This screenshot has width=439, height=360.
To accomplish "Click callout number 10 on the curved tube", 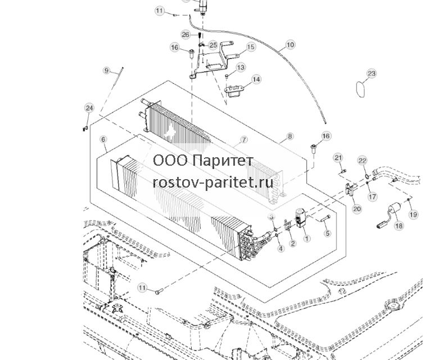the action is pyautogui.click(x=290, y=45).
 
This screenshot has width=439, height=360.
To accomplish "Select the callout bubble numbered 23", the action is pyautogui.click(x=371, y=74).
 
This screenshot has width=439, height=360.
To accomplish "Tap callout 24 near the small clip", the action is pyautogui.click(x=89, y=108).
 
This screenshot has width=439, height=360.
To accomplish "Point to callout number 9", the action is pyautogui.click(x=106, y=70).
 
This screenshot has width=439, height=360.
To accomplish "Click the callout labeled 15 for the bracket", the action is pyautogui.click(x=250, y=47).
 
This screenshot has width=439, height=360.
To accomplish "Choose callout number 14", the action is pyautogui.click(x=256, y=79).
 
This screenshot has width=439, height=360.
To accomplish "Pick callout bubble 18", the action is pyautogui.click(x=399, y=225).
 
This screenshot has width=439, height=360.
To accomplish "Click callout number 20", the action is pyautogui.click(x=357, y=209).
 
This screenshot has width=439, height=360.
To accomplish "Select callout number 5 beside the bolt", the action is pyautogui.click(x=327, y=233).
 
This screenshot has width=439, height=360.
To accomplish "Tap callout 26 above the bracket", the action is pyautogui.click(x=186, y=35).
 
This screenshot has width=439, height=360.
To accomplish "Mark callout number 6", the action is pyautogui.click(x=103, y=139).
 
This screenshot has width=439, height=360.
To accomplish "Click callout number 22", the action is pyautogui.click(x=363, y=161).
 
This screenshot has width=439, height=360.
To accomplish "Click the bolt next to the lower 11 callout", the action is pyautogui.click(x=159, y=291).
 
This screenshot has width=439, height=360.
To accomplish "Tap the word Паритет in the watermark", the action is pyautogui.click(x=223, y=161).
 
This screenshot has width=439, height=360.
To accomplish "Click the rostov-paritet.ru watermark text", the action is pyautogui.click(x=213, y=183).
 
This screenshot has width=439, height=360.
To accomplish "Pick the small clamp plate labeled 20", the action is pyautogui.click(x=350, y=189).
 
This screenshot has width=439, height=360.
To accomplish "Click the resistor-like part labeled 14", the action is pyautogui.click(x=234, y=91).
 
